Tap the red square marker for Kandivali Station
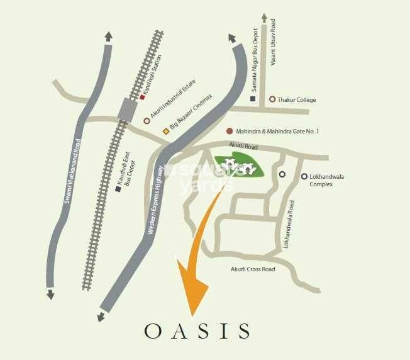[143, 98]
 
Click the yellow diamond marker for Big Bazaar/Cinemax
[166, 131]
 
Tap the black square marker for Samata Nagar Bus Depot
[253, 99]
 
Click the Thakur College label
[297, 99]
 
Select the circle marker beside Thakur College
[272, 99]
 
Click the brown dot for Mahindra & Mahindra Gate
[230, 132]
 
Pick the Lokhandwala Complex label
[326, 181]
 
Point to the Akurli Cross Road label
[252, 269]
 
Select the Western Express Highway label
[155, 200]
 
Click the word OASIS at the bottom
[197, 330]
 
